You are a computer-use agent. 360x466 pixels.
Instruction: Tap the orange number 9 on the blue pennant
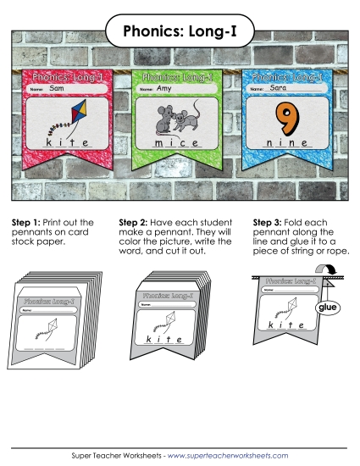(x=286, y=119)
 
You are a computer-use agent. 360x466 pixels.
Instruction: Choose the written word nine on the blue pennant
(x=286, y=145)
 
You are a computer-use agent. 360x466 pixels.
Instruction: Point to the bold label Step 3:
(x=270, y=222)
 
